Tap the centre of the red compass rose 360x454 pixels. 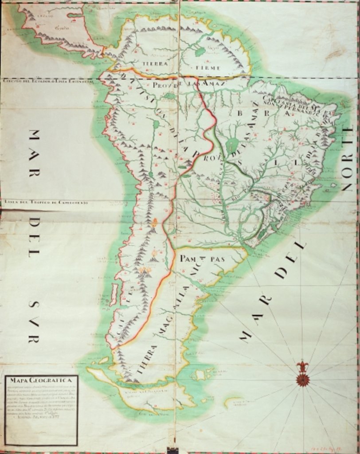point(303,380)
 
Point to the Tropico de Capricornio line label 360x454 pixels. point(46,202)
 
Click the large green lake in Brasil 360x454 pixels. point(232,145)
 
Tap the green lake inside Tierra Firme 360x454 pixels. point(200,52)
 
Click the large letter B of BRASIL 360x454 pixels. point(240,113)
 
